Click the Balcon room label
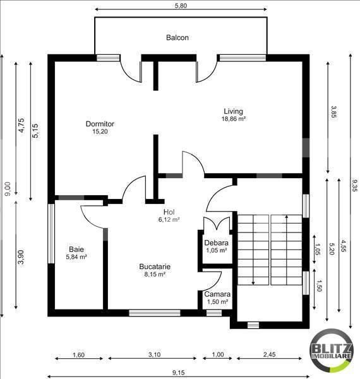pyautogui.click(x=177, y=37)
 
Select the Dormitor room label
pyautogui.click(x=100, y=124)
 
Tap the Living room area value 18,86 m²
pyautogui.click(x=233, y=118)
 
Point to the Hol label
pyautogui.click(x=169, y=212)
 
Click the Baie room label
pyautogui.click(x=76, y=250)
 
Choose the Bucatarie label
pyautogui.click(x=155, y=267)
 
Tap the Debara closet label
pyautogui.click(x=216, y=243)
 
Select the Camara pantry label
pyautogui.click(x=217, y=294)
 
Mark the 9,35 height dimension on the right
pyautogui.click(x=354, y=186)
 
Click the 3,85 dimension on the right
pyautogui.click(x=333, y=112)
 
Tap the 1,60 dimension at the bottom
pyautogui.click(x=78, y=354)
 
